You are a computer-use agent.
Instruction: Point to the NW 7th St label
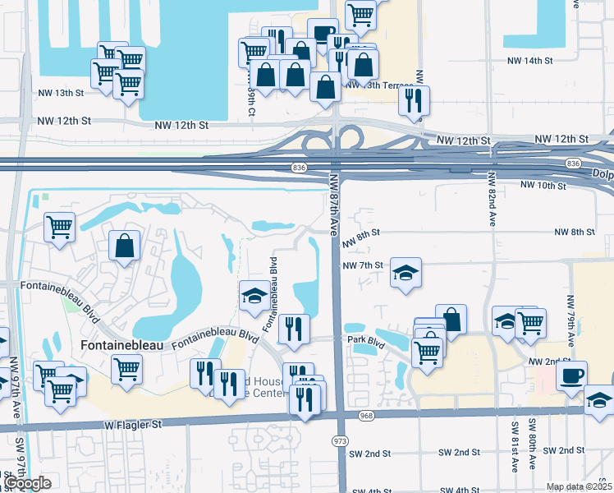363,265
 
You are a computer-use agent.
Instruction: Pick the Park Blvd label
366,339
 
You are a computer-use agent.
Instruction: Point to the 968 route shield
367,416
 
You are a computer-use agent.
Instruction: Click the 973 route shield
341,441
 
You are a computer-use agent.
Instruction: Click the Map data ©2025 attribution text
580,486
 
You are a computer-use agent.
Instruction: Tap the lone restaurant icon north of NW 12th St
413,100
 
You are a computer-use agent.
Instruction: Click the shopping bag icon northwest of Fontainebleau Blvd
124,246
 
